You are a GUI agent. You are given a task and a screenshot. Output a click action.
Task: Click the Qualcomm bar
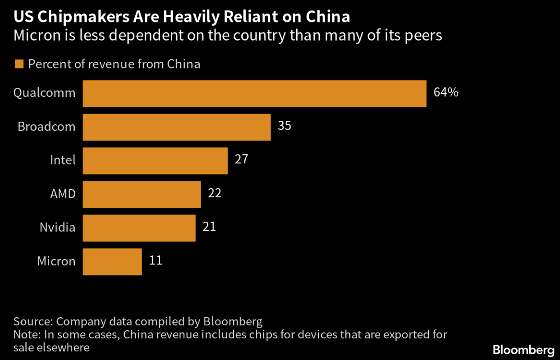coord(254,94)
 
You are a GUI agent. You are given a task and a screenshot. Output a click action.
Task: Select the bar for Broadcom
coord(177,127)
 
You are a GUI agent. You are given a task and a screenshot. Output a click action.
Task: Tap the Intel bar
coord(155,161)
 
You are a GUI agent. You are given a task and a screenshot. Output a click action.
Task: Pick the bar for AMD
coord(142,195)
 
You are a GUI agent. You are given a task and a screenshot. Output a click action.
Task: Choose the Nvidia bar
coord(139,228)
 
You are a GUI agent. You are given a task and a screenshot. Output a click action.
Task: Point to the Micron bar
coord(112,262)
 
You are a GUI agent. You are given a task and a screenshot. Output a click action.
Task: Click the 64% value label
coord(445,93)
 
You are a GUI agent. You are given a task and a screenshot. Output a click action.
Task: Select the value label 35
coord(285,126)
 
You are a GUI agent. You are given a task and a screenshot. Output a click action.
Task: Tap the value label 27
coord(242,159)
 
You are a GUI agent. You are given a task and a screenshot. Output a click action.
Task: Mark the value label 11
coord(156,260)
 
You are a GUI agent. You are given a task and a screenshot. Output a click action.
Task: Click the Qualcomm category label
coord(44,93)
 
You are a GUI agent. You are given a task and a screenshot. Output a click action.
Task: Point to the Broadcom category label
coord(46,127)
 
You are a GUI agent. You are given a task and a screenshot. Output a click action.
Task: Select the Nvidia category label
coord(57,228)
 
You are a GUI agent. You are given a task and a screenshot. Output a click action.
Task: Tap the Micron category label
coord(56,261)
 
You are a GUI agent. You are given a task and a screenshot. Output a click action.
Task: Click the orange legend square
coord(18,64)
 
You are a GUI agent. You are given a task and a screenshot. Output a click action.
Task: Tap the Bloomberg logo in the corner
coord(523,350)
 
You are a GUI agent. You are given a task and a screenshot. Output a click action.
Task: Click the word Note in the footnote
coord(27,335)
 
